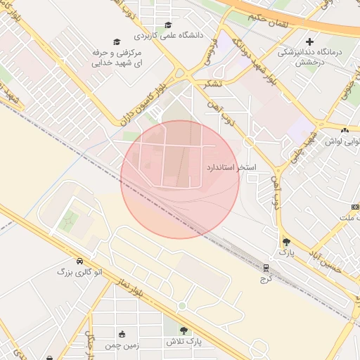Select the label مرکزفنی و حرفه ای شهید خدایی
117,58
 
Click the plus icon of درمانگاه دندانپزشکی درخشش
309,41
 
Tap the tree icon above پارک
285,242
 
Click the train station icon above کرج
266,268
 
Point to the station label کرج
266,278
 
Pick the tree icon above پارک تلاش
184,330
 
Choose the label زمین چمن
123,345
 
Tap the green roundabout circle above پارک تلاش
181,306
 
